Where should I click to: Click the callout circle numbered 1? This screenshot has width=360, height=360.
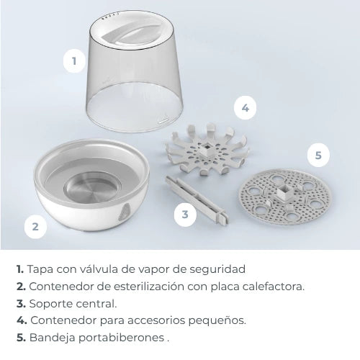73,61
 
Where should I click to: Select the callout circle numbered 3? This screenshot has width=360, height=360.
185,214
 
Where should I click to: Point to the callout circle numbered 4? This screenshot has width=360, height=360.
246,108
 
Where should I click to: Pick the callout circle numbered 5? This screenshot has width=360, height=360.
318,154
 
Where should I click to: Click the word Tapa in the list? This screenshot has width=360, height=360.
40,269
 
